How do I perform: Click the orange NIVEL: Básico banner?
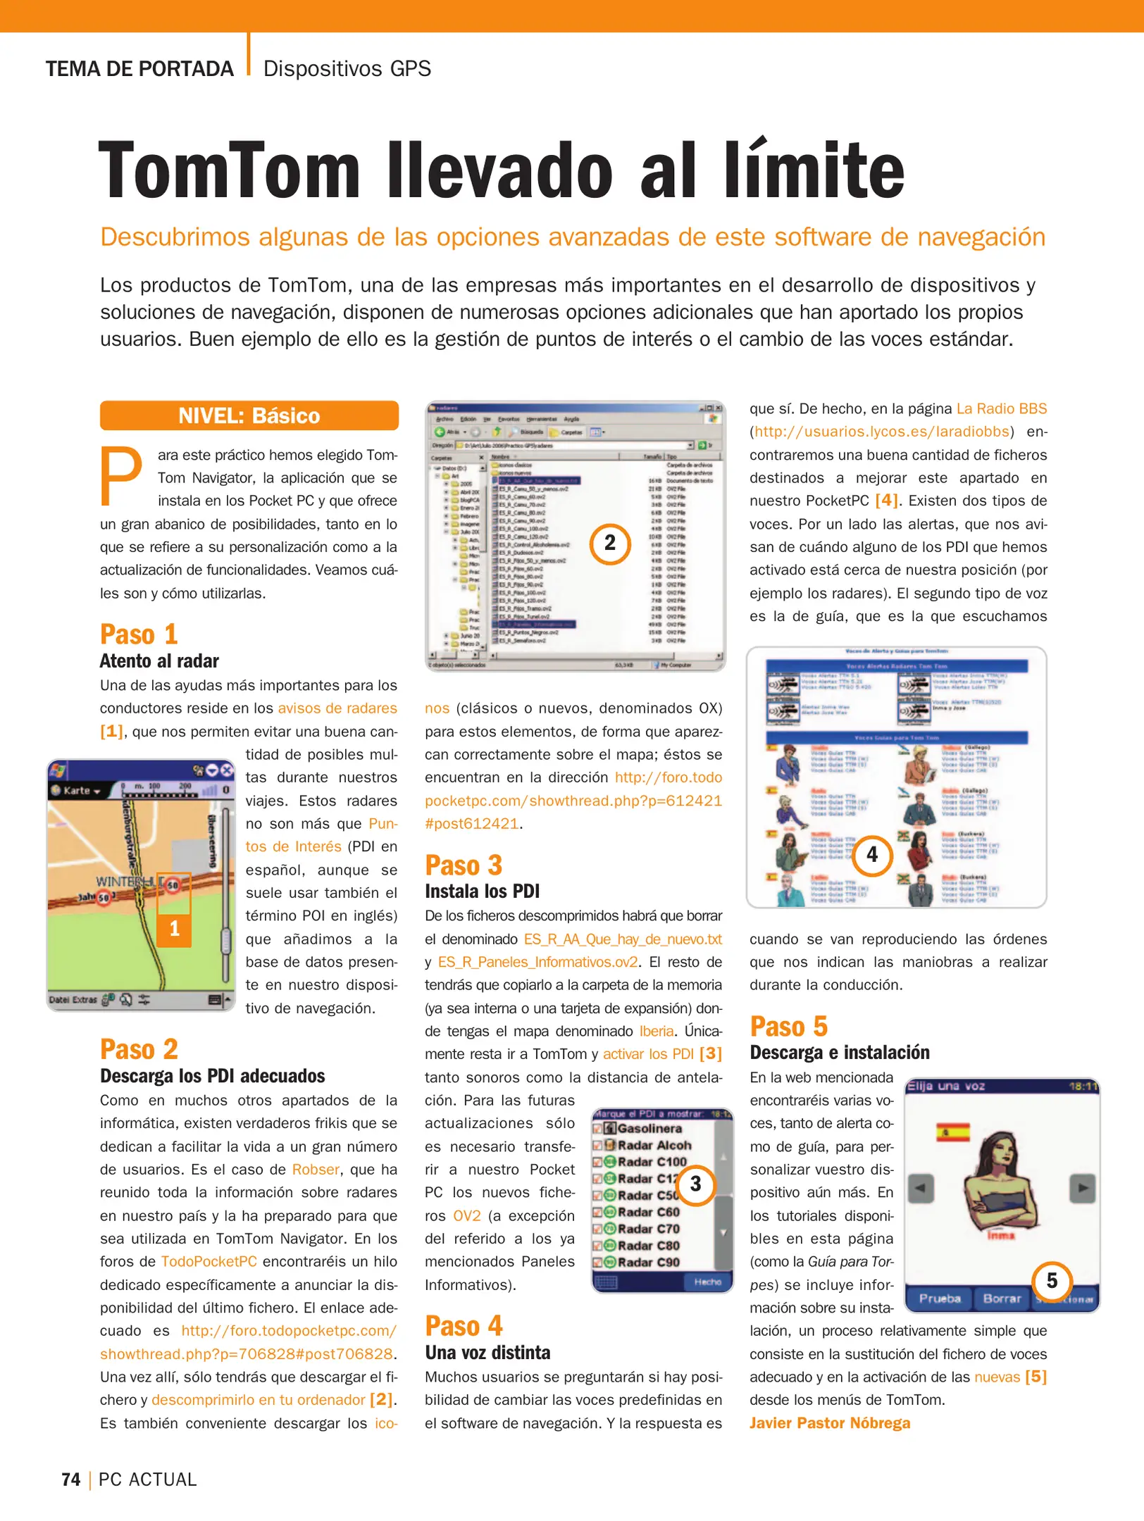coord(249,415)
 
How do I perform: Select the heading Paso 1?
coord(138,634)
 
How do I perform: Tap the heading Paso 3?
coord(463,865)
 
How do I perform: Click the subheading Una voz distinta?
coord(487,1352)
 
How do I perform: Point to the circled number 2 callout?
coord(609,543)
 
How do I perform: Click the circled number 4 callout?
coord(872,854)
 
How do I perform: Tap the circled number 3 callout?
coord(695,1184)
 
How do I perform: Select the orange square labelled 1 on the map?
coord(174,928)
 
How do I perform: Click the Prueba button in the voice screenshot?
coord(940,1298)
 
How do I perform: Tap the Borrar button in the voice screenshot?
coord(1001,1298)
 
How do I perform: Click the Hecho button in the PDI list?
coord(707,1282)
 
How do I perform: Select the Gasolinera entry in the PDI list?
coord(649,1128)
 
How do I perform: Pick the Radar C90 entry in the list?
coord(648,1262)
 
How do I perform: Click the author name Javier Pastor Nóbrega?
coord(829,1422)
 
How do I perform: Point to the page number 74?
coord(70,1479)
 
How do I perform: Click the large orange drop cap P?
coord(121,477)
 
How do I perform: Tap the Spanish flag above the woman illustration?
coord(952,1132)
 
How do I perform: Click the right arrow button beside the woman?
coord(1082,1188)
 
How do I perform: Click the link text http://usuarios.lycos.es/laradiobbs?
coord(882,431)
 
